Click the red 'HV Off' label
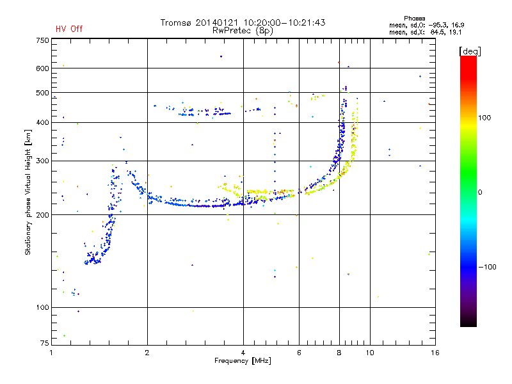pos(69,29)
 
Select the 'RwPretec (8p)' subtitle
pos(243,31)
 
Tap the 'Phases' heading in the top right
pos(414,19)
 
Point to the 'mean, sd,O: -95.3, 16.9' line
pos(427,25)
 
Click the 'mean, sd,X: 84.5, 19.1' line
pos(426,33)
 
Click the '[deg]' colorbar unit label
pos(470,51)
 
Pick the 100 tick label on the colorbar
pos(484,118)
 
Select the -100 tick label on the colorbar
pos(487,267)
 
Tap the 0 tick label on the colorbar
pos(480,193)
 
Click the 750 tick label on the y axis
pos(42,40)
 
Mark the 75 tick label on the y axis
pos(45,343)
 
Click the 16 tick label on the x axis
pos(435,353)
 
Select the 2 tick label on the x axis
pos(147,353)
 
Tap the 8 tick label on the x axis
pos(339,353)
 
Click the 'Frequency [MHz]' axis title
pos(243,361)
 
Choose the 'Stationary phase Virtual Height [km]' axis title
pos(28,193)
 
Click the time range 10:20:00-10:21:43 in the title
pos(284,22)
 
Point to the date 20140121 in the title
pos(217,22)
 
